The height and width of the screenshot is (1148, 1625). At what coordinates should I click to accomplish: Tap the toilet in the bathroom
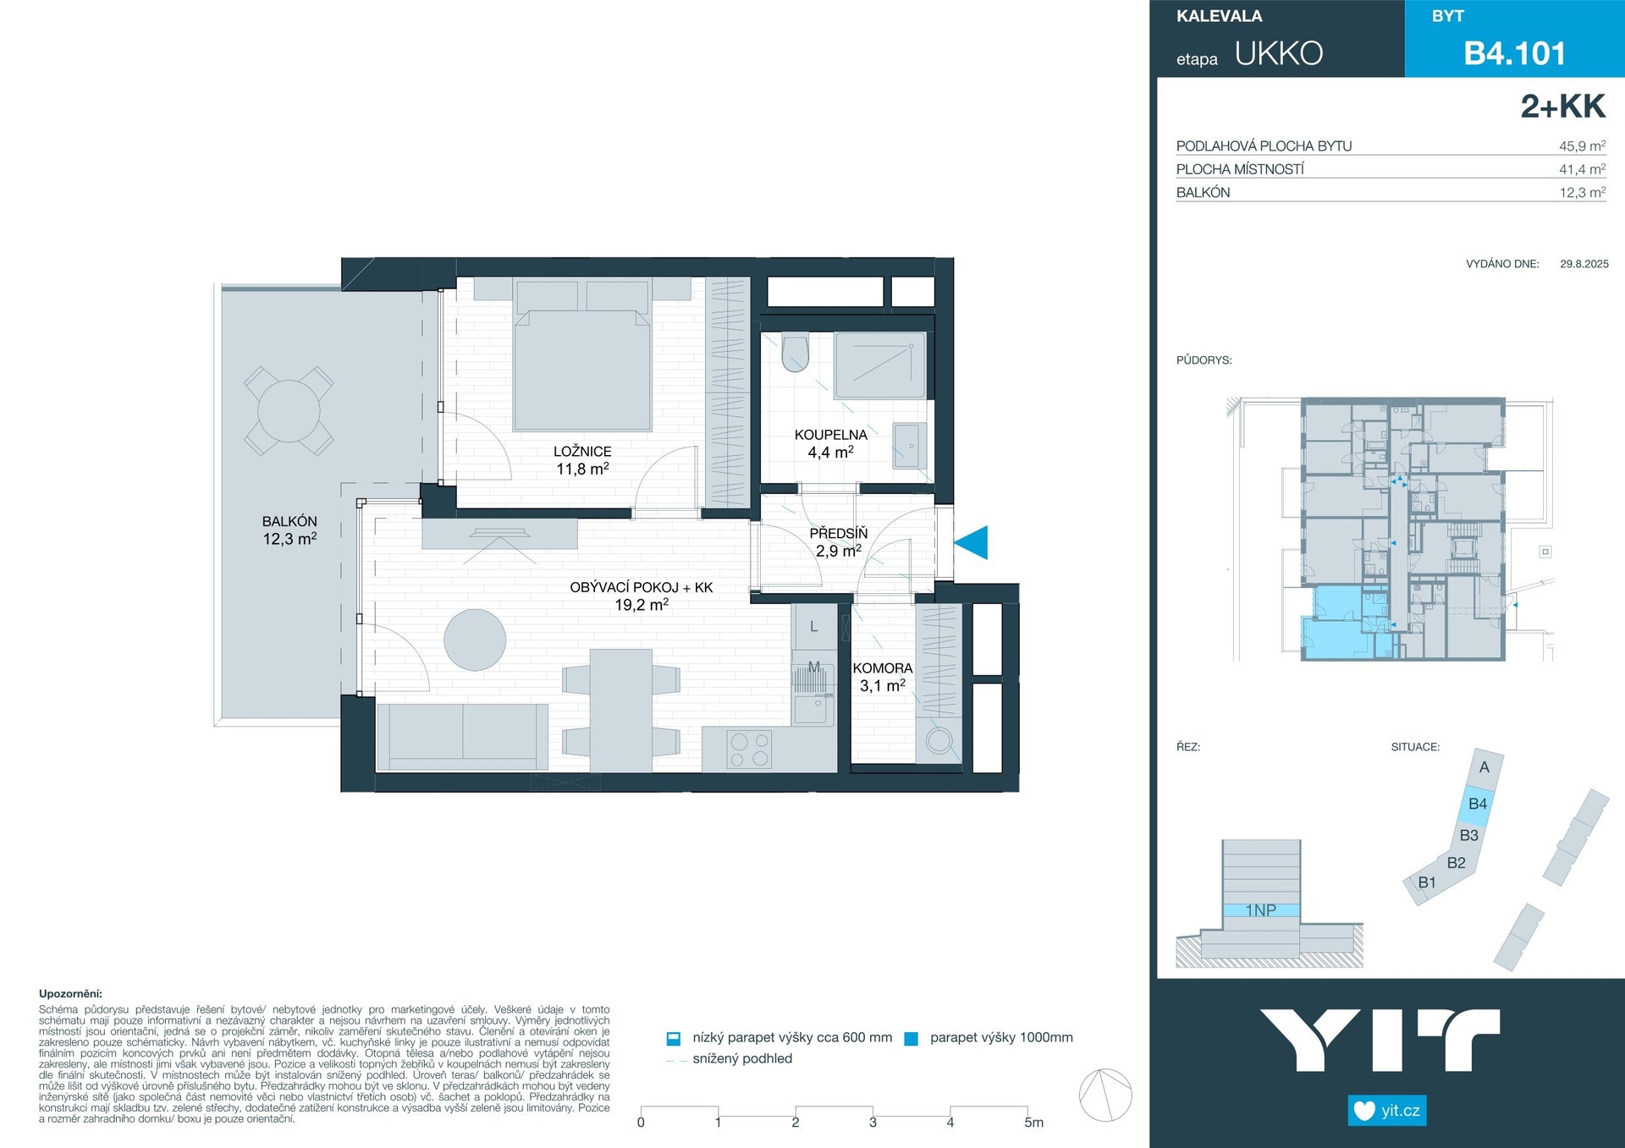pos(796,354)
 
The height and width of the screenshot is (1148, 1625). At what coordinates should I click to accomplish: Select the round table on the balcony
pos(289,411)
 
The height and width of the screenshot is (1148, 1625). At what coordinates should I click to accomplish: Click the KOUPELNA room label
pos(830,435)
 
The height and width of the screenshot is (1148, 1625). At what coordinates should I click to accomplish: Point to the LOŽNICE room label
pos(582,452)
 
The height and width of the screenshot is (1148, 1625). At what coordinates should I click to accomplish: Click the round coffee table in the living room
pos(475,640)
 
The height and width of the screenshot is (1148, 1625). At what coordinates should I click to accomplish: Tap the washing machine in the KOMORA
pos(939,741)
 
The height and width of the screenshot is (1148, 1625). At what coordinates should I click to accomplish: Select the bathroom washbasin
pos(910,446)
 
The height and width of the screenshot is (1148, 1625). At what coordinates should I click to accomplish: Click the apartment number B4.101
pos(1515,53)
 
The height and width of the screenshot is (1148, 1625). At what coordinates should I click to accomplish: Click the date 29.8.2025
pos(1584,264)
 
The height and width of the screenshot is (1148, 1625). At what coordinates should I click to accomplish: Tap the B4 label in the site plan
pos(1478,804)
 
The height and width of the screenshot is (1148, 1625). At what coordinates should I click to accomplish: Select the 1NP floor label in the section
pos(1260,910)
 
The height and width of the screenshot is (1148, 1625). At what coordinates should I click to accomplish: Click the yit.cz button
pos(1387,1111)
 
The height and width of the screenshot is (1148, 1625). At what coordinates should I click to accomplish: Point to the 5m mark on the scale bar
pos(1033,1123)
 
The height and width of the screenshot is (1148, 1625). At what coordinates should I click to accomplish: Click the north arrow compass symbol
pos(1105,1095)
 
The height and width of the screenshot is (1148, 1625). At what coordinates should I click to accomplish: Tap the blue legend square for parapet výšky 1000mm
pos(912,1039)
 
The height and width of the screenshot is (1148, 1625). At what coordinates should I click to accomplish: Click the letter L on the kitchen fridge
pos(814,627)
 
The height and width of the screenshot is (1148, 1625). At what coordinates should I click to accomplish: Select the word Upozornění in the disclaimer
pos(70,994)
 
